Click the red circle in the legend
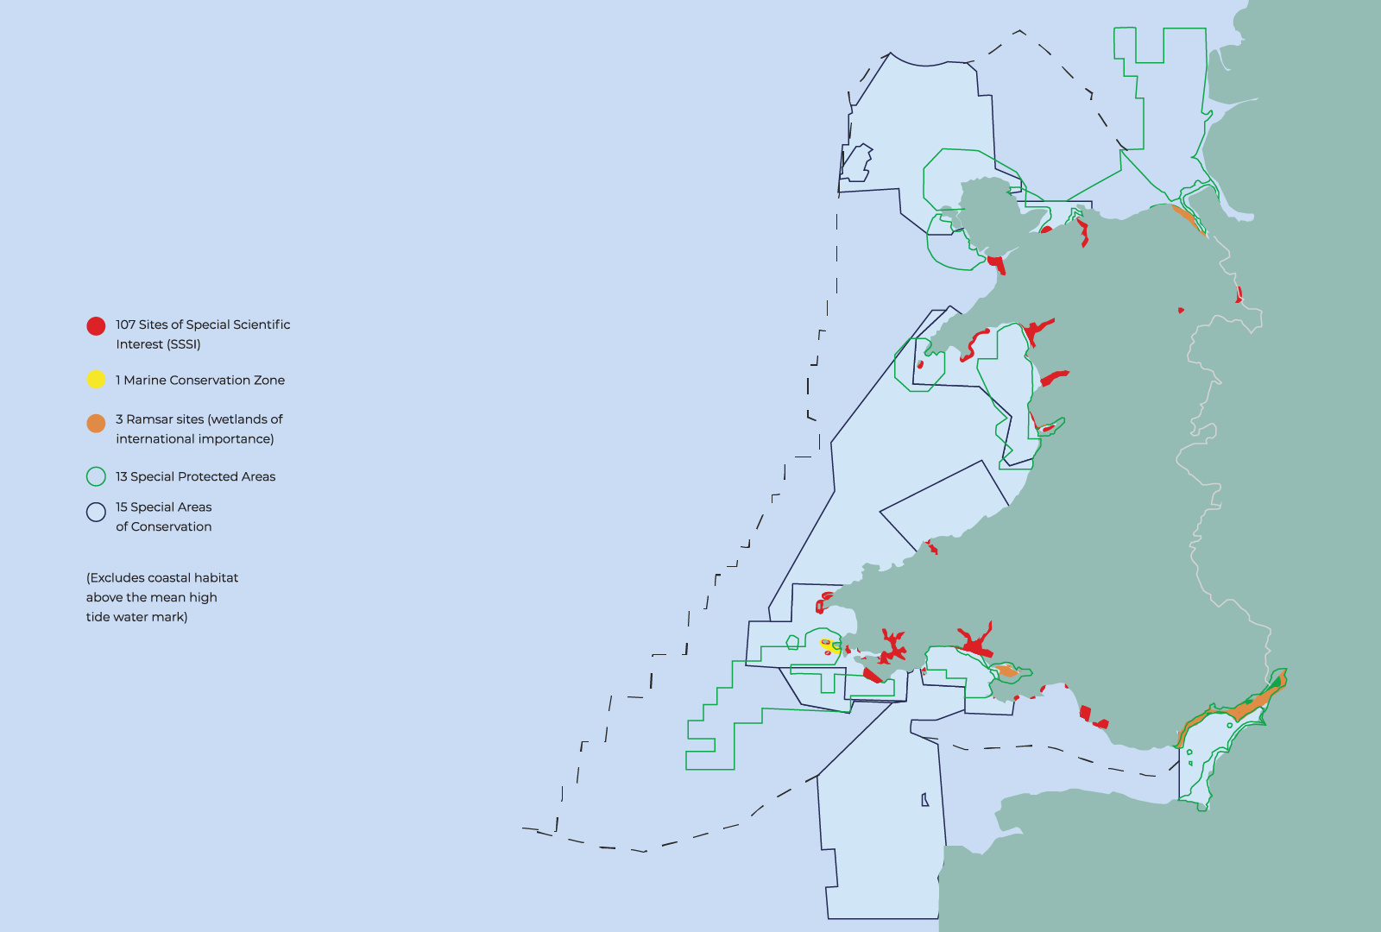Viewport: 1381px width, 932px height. (96, 325)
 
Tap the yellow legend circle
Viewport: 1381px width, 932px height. (96, 380)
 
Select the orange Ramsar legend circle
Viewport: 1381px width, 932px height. (96, 423)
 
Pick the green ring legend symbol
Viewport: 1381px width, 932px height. (96, 476)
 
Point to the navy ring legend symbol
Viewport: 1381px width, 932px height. (96, 512)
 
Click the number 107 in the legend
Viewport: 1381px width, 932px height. (125, 324)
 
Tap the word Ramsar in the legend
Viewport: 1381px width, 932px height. (149, 419)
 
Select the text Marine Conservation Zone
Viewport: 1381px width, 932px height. (204, 380)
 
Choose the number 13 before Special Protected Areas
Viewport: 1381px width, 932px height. (122, 476)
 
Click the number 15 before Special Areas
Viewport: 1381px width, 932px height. (122, 507)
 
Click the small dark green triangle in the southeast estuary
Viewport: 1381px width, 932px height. (1276, 683)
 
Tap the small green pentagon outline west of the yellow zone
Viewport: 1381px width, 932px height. (792, 642)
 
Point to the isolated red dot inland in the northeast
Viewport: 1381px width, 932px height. (1181, 310)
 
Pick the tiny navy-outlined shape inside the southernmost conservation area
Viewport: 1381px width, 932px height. (924, 800)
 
